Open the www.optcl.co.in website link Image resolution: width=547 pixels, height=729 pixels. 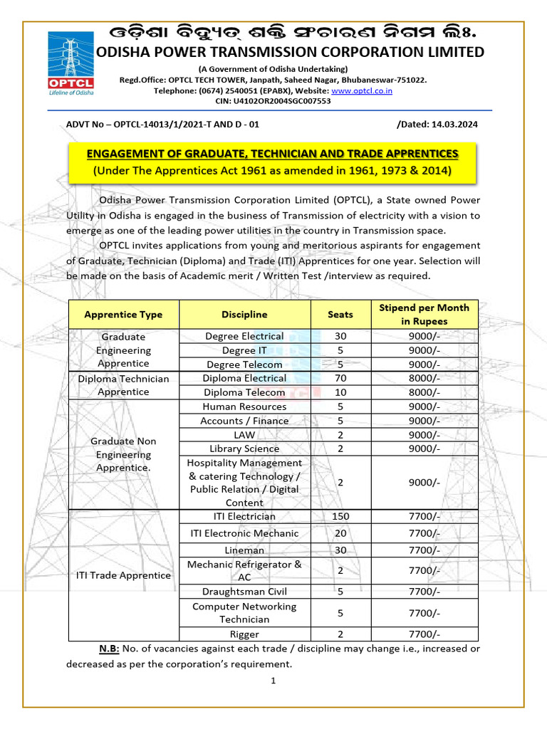[x=362, y=90]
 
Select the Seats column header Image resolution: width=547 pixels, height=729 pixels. [x=340, y=314]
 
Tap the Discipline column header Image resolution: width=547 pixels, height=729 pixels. [x=244, y=314]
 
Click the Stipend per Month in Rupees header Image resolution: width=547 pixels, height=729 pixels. [x=424, y=314]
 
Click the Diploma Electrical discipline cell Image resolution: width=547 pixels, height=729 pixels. [x=244, y=378]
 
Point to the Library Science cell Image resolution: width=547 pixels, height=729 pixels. [x=244, y=449]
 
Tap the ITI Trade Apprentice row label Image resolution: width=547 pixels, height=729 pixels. [x=123, y=575]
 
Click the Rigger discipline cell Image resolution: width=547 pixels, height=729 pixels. [x=244, y=634]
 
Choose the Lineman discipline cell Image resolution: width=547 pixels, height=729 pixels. [x=244, y=550]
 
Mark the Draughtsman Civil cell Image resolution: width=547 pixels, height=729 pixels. [x=244, y=592]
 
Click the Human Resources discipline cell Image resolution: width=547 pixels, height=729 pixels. [x=244, y=407]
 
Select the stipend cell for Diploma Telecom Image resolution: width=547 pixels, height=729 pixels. [x=424, y=392]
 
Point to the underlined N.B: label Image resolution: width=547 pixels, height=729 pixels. [x=109, y=649]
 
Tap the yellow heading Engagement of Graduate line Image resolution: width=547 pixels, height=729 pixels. [x=273, y=154]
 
